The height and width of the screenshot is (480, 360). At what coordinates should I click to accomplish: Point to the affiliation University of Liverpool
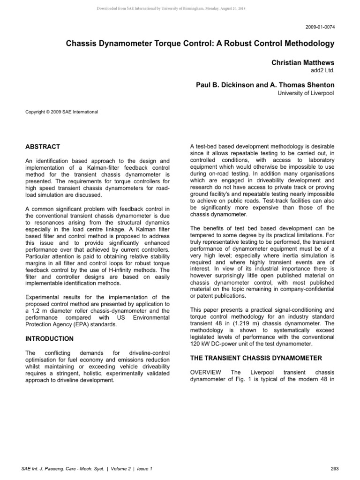pos(305,94)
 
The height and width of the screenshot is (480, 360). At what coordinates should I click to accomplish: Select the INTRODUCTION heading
pos(50,338)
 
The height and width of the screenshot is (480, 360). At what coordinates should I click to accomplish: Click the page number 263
pos(328,469)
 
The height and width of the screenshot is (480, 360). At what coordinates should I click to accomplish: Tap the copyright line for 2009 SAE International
pos(62,112)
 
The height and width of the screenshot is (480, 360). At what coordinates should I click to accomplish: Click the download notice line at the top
pos(180,8)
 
